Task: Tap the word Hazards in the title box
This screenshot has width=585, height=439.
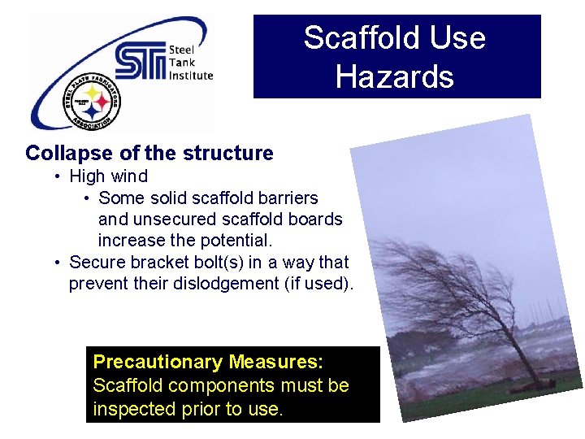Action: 395,77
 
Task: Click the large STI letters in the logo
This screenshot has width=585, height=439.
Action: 139,62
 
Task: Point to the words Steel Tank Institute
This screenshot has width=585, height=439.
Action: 190,63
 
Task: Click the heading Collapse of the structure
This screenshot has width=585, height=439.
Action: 149,153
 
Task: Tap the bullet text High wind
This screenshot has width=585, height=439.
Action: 108,176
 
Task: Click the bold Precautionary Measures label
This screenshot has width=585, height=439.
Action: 208,362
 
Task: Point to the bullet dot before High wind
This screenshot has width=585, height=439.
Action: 58,177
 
